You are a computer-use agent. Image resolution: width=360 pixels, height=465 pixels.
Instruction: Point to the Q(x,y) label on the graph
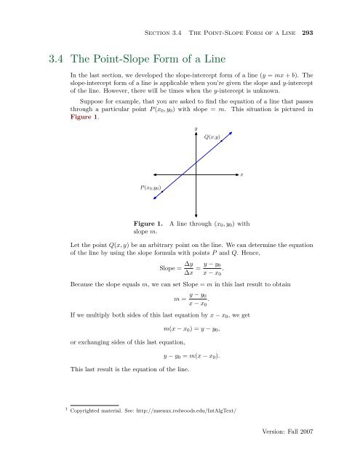(x=214, y=136)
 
